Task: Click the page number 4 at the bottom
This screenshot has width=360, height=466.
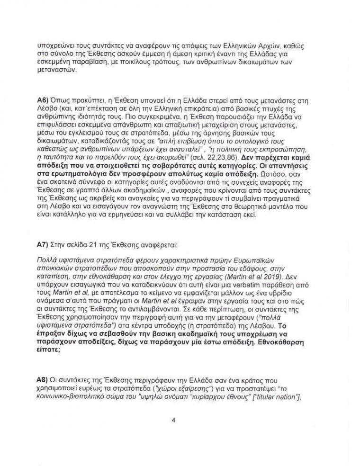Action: (174, 418)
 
